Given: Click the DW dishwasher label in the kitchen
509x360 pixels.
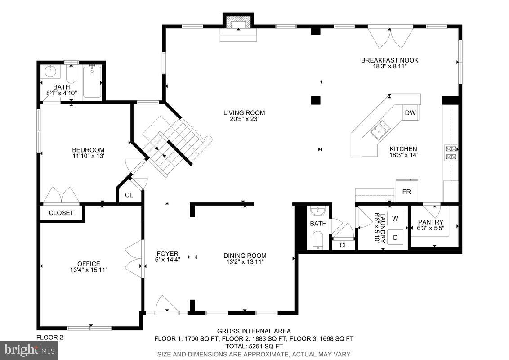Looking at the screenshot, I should (410, 113).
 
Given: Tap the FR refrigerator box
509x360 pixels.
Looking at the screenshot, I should (406, 192).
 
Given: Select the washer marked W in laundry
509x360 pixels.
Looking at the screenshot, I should (395, 219).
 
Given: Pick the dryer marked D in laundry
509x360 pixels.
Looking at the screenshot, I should (395, 237).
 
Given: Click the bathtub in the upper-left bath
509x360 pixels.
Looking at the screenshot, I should (92, 82).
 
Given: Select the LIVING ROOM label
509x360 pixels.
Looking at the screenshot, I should (244, 113).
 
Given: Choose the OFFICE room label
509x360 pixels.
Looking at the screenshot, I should (89, 264).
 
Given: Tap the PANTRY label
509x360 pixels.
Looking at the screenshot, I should (430, 222).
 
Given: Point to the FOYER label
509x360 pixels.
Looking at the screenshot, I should (167, 253).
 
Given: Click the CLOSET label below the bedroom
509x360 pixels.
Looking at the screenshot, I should (61, 213).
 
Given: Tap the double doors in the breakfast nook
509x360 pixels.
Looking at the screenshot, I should (390, 38).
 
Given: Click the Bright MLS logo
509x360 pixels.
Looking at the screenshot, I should (30, 349).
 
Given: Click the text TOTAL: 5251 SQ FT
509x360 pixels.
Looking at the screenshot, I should (254, 346).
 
